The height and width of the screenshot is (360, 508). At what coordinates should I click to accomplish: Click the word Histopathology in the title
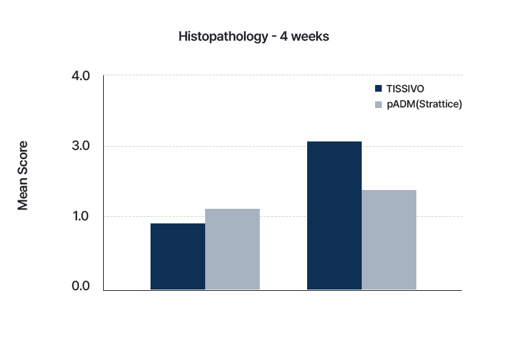tap(223, 36)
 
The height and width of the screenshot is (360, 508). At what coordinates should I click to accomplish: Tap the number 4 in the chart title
tap(284, 36)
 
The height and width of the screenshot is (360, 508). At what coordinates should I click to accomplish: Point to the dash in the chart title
tap(274, 37)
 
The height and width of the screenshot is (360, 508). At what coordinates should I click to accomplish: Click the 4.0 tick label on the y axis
tap(81, 76)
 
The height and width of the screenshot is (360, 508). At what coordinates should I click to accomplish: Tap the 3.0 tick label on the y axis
tap(81, 146)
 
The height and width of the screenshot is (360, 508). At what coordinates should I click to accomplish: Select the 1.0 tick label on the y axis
tap(81, 216)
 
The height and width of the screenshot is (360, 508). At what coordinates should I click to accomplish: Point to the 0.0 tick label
tap(81, 286)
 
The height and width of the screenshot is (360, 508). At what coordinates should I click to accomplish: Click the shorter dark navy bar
tap(178, 256)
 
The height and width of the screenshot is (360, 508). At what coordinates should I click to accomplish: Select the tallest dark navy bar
tap(334, 216)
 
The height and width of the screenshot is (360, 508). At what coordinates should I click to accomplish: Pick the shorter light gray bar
tap(232, 249)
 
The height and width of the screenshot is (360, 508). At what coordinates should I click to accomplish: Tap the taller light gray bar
tap(389, 240)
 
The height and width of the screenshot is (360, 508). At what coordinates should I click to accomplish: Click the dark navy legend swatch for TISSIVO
tap(378, 89)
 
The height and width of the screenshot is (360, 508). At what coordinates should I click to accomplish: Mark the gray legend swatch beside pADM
tap(378, 104)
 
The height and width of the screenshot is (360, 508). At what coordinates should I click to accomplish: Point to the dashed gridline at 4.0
tap(283, 75)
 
